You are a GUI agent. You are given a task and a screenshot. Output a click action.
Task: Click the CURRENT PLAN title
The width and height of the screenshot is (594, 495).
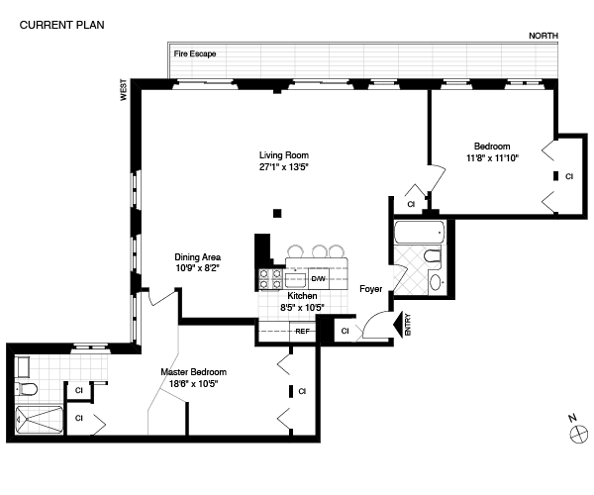coord(61,25)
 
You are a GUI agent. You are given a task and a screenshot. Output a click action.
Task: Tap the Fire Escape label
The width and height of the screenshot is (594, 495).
coord(195,53)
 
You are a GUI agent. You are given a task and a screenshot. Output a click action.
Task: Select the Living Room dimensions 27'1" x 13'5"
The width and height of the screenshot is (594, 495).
coord(284,167)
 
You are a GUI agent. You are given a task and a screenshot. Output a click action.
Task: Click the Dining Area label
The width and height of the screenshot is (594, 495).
coord(197,257)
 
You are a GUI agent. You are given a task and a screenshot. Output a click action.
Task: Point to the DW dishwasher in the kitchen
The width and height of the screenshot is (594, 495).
coord(319,279)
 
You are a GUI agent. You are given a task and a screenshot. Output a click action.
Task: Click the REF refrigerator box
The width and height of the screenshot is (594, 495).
coord(302,332)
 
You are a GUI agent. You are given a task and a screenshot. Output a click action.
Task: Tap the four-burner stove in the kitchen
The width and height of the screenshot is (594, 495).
coord(270,279)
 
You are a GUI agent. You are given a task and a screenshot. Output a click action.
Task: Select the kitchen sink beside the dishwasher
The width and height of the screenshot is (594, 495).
coord(296,280)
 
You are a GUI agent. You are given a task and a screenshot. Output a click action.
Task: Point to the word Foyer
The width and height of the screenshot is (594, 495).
coord(371,289)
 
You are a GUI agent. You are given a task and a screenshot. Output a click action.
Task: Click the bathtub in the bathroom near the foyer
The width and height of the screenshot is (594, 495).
coord(420,233)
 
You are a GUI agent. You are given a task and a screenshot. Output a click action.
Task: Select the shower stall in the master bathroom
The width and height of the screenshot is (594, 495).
coord(39,421)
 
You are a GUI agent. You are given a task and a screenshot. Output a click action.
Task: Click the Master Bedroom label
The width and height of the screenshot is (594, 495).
coord(194,372)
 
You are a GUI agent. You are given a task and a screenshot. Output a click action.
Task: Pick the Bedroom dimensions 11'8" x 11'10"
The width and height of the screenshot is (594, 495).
coord(492,158)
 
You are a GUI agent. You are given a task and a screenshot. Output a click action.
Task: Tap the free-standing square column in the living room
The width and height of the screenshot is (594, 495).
coord(277,214)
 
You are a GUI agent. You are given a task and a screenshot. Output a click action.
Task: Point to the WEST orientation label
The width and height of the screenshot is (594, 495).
coord(124,90)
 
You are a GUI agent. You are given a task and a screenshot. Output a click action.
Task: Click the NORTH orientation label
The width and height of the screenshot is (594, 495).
coord(544,36)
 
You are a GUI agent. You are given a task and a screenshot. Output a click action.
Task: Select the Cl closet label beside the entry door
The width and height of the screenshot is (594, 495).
coord(345,331)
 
